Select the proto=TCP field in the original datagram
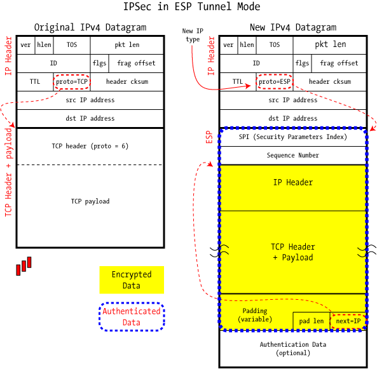(71, 81)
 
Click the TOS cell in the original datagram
(71, 45)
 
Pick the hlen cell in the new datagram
(247, 45)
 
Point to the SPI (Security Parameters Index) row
(292, 137)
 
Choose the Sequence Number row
(292, 155)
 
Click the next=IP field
(348, 321)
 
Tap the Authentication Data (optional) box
(292, 348)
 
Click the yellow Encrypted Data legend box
(132, 280)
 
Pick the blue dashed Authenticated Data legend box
(132, 316)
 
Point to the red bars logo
(24, 266)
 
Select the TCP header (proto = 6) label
(90, 146)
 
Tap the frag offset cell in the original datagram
(136, 64)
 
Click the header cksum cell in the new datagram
(329, 81)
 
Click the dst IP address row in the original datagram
(90, 118)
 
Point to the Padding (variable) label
(255, 315)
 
